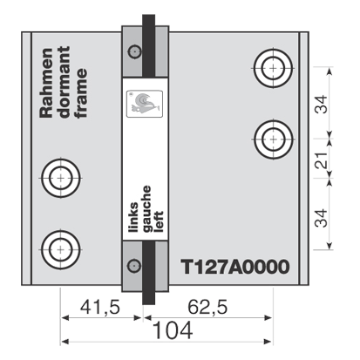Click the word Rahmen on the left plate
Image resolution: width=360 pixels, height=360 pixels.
46,83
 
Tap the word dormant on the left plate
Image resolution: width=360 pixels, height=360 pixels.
65,82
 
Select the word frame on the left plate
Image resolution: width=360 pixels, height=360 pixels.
82,93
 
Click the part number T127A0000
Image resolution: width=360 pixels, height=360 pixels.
235,267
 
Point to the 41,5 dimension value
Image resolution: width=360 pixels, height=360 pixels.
100,307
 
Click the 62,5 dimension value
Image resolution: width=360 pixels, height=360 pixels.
207,307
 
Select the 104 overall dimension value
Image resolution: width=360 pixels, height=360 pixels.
173,330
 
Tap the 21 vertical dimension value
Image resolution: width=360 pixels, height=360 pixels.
322,160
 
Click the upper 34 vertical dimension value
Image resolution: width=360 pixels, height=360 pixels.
322,104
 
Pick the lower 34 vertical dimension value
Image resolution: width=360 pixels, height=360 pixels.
322,218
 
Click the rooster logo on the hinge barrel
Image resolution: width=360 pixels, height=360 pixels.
145,104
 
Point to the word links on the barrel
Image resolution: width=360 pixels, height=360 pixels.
133,217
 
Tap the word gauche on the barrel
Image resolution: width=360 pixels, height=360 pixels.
146,209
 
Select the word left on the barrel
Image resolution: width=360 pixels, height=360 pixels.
160,221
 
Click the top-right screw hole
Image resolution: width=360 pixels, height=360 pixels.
273,68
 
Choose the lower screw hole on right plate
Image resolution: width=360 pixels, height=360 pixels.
274,139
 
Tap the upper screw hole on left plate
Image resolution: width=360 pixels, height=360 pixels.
61,178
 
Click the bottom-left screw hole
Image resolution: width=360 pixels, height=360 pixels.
61,249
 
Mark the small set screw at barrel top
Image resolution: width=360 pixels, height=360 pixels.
135,52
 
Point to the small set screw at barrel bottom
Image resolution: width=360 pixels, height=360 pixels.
134,266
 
